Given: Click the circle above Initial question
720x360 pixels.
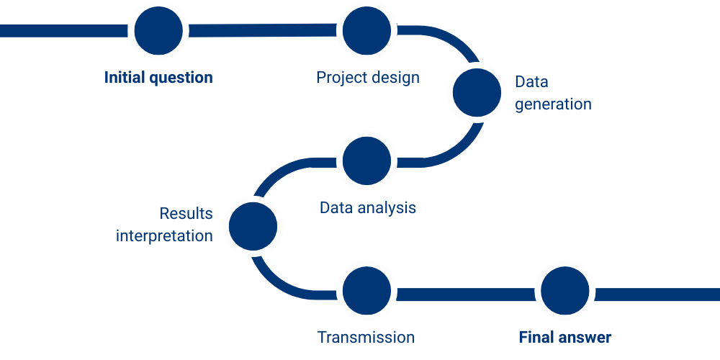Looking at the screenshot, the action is click(158, 31).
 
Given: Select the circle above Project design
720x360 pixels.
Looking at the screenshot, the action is click(367, 31).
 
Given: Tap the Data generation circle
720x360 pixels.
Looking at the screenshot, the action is click(477, 92).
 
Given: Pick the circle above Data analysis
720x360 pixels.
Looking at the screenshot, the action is click(367, 161).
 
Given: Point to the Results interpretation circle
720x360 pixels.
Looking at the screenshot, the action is click(253, 226).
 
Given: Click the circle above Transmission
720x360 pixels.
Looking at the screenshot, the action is click(367, 291).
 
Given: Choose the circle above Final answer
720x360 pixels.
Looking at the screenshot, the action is click(564, 291).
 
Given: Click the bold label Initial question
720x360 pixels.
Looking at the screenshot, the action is click(158, 77).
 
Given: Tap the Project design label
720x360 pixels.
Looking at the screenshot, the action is click(368, 77).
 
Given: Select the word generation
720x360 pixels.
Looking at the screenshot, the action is click(553, 104).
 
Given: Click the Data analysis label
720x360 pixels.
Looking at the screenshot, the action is click(368, 207).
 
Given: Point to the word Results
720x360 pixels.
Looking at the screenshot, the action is click(186, 214).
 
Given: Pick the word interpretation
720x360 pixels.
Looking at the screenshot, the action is click(164, 236).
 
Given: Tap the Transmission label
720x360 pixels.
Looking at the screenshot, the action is click(366, 338).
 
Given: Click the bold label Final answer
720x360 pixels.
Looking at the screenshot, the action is click(564, 338).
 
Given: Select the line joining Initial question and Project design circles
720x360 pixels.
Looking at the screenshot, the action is click(263, 30).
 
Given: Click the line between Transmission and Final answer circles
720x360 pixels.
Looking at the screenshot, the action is click(466, 294).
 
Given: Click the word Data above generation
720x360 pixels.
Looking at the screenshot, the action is click(531, 82).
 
